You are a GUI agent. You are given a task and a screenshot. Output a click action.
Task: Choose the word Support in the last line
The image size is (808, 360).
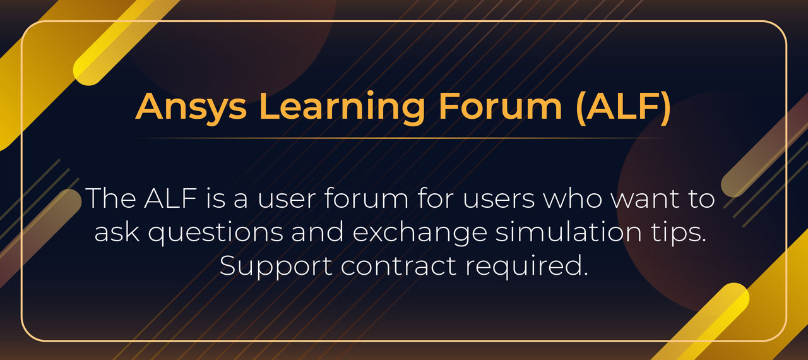tap(276, 267)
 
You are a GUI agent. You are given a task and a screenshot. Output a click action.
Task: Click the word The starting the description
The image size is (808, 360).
tap(109, 199)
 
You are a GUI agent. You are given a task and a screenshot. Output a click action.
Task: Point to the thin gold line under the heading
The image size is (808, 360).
tap(404, 138)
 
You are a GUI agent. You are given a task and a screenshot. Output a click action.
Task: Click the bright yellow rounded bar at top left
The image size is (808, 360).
tap(126, 41)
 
